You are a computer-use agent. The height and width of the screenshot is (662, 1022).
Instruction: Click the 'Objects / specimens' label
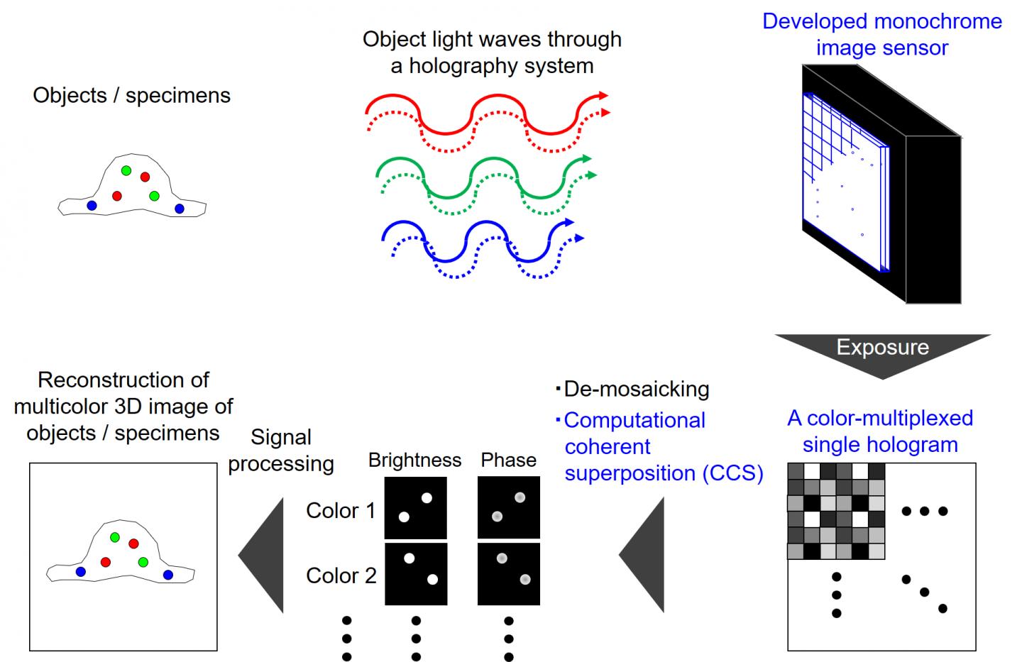point(131,96)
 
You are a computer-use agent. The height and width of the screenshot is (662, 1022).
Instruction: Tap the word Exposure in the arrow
point(882,347)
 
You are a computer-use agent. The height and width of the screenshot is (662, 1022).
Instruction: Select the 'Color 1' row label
point(341,511)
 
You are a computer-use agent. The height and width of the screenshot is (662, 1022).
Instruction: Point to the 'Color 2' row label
point(341,575)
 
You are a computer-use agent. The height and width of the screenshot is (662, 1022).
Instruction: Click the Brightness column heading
point(414,460)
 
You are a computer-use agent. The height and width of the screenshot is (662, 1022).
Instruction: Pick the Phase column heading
point(508,460)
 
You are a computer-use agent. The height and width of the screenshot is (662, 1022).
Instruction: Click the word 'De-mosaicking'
point(637,389)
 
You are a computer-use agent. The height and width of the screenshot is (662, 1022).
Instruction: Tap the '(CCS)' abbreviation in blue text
point(733,473)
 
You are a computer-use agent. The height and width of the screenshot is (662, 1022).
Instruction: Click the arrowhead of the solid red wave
point(603,95)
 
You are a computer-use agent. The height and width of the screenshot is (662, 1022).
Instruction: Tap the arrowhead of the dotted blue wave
point(579,238)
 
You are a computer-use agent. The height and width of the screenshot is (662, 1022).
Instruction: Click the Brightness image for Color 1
point(415,507)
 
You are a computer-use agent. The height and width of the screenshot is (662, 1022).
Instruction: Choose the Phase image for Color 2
point(509,574)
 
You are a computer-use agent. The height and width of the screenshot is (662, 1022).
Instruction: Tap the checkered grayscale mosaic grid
point(836,511)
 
